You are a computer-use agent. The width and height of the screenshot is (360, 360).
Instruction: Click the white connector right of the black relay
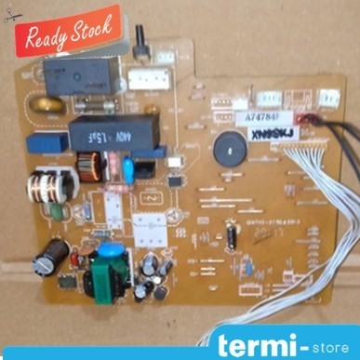click(x=139, y=80)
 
